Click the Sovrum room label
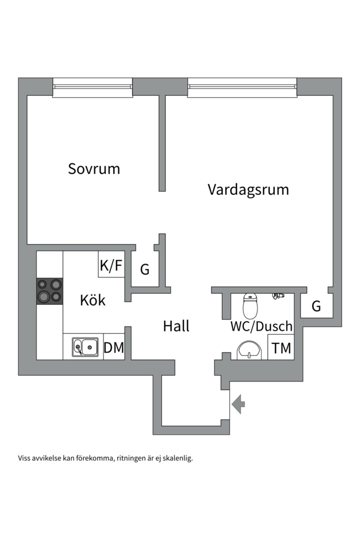[93, 169]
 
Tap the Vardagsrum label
[248, 190]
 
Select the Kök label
[92, 300]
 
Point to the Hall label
[176, 326]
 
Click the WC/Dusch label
[261, 326]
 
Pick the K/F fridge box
[111, 264]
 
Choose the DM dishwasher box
[114, 347]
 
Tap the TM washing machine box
[281, 347]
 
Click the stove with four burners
[49, 291]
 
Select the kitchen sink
[85, 347]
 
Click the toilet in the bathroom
[250, 306]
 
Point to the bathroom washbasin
[249, 350]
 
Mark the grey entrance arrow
[238, 404]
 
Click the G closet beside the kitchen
[145, 269]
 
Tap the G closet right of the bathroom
[316, 305]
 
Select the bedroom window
[92, 87]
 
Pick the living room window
[242, 87]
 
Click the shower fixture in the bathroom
[278, 296]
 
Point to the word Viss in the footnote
[24, 458]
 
